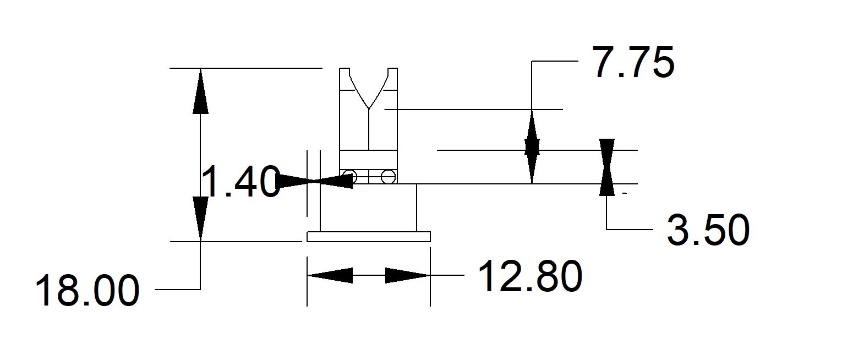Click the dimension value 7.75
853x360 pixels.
[x=632, y=63]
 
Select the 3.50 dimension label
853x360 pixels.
[x=708, y=230]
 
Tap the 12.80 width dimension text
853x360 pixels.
[x=529, y=276]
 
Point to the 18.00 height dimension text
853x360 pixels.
[x=87, y=291]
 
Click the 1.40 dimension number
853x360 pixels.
[x=240, y=182]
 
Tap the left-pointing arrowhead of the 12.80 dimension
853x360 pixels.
[x=330, y=275]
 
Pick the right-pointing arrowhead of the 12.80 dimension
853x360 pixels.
[x=407, y=275]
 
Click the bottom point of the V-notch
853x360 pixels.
[x=368, y=108]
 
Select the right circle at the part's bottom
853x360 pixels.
[x=388, y=177]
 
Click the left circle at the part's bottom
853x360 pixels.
[x=349, y=177]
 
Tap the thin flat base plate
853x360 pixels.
[x=368, y=237]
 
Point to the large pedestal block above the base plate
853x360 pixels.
[x=368, y=208]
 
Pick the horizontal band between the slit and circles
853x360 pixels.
[x=368, y=160]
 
